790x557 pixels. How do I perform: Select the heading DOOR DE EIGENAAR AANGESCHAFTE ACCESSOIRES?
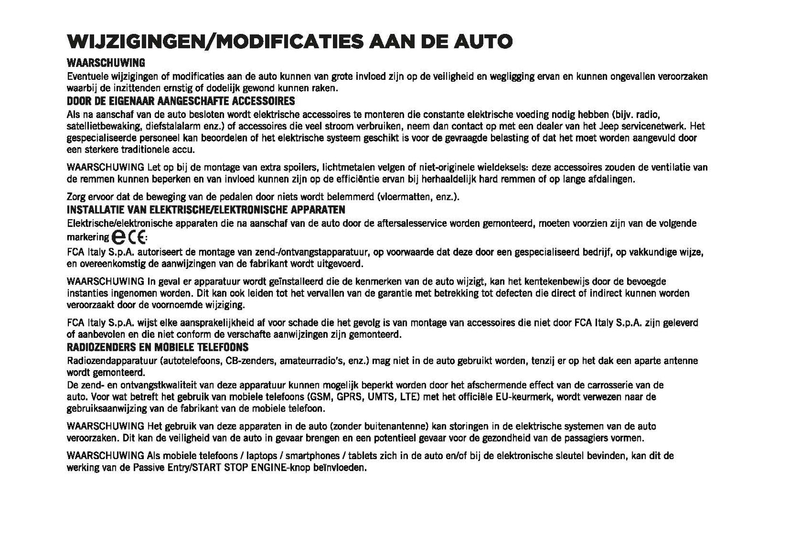(180, 101)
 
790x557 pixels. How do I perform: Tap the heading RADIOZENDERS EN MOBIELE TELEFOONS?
(157, 347)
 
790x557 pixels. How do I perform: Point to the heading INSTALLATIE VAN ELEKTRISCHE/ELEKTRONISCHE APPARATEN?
(206, 210)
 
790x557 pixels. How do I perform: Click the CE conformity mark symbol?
(137, 237)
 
